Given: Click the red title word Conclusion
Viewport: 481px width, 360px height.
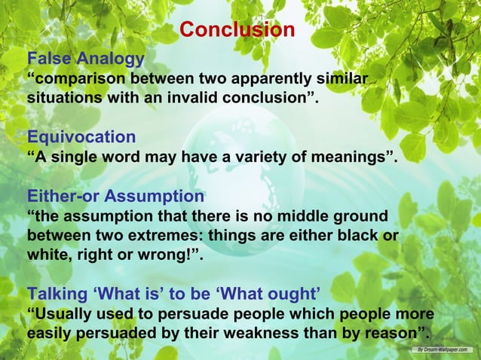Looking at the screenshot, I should (237, 30).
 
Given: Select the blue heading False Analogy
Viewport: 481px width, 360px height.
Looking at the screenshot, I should (85, 59).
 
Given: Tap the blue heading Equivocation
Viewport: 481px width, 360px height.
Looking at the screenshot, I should (81, 137).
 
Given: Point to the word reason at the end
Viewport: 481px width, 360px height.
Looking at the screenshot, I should (392, 334).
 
